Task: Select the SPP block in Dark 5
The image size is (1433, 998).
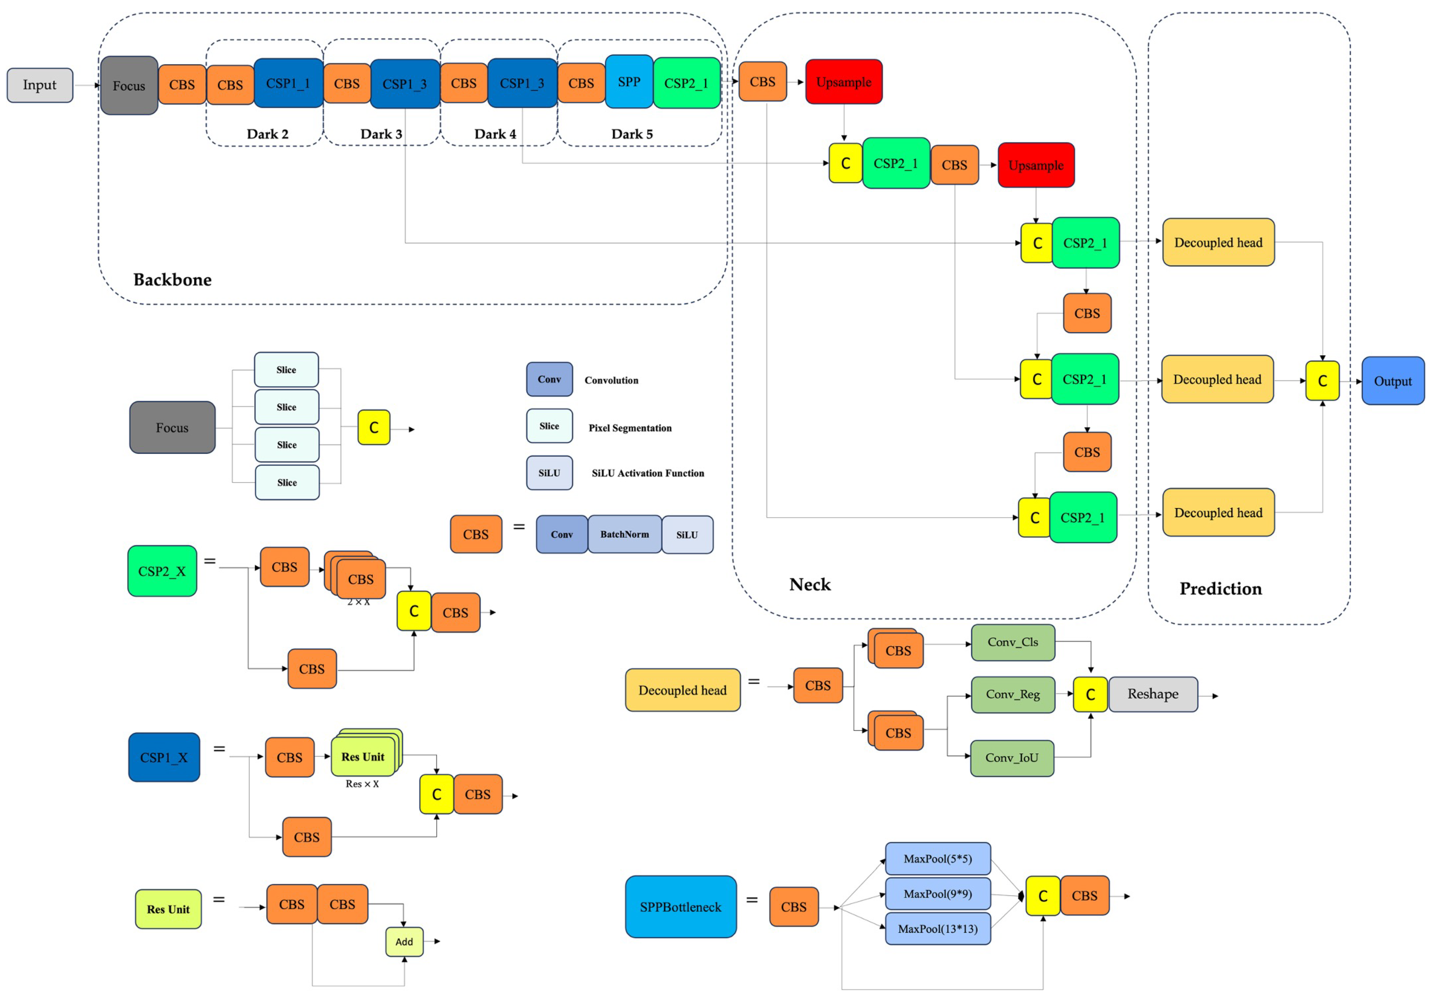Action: click(629, 82)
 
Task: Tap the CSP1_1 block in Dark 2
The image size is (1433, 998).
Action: click(288, 83)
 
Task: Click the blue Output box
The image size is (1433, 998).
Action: click(1393, 381)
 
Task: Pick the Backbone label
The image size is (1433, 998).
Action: click(172, 279)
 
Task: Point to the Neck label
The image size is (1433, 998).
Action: click(809, 585)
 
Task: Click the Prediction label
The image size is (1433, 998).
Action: click(1220, 589)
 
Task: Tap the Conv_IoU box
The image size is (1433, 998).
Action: click(1012, 758)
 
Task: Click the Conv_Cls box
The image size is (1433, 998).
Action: click(1012, 642)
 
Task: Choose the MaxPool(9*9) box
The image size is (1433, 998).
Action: click(938, 894)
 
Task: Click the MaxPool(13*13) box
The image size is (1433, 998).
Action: click(938, 929)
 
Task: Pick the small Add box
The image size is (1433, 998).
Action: click(404, 942)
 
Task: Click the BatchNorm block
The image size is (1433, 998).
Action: click(624, 535)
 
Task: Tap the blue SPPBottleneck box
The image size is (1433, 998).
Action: click(680, 907)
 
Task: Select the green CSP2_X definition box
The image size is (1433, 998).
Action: click(162, 571)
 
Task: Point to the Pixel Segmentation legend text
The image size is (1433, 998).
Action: click(630, 428)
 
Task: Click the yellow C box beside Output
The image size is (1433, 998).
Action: click(1322, 381)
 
